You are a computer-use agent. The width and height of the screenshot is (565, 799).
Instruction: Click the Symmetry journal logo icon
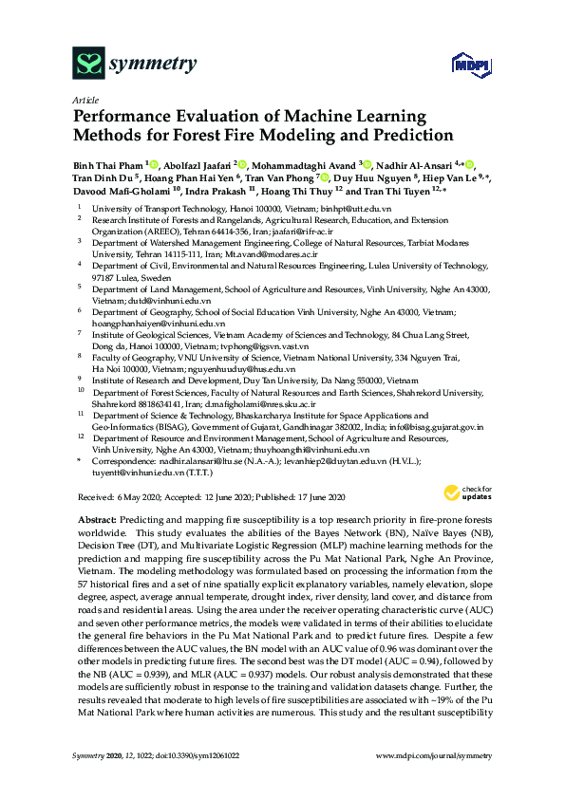coord(87,63)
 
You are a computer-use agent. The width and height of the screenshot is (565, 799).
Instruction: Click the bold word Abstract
coord(94,521)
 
